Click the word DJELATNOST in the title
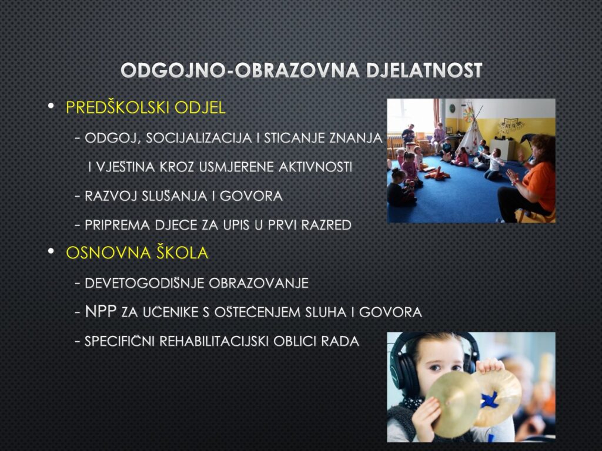[424, 70]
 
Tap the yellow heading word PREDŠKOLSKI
[118, 107]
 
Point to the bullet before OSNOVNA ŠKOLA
[51, 251]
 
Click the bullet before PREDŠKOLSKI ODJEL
[51, 106]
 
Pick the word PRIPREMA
[117, 225]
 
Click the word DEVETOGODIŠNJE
[145, 283]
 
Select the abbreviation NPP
[101, 311]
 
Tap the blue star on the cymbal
[490, 399]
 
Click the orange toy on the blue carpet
[437, 174]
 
